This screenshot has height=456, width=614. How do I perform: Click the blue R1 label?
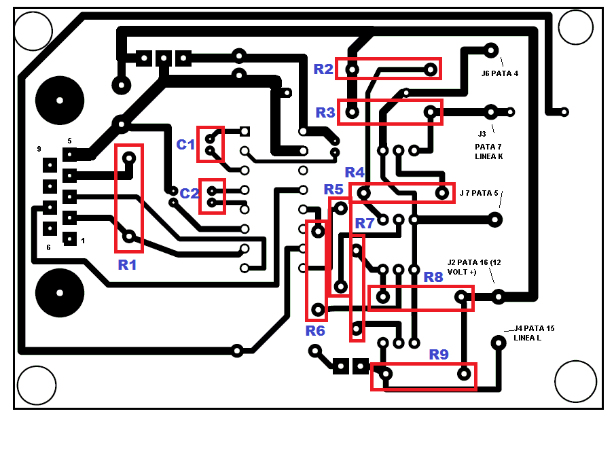tap(128, 265)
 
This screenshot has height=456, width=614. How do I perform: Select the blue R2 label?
tap(323, 69)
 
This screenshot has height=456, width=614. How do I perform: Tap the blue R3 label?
tap(325, 112)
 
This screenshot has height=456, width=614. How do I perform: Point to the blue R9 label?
tap(439, 354)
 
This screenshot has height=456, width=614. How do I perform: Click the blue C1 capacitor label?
tap(185, 144)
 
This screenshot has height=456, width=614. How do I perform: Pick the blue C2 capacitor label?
tap(189, 192)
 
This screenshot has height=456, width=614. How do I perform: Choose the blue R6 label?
tap(315, 331)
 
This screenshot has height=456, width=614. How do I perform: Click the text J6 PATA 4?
tap(500, 73)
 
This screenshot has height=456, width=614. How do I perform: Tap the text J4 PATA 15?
tap(534, 328)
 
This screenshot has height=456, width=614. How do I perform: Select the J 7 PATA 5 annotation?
tap(479, 193)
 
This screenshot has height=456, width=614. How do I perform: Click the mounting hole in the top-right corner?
tap(575, 30)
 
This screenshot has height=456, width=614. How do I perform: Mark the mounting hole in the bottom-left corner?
tap(36, 385)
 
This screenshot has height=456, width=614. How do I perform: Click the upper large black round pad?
tap(60, 101)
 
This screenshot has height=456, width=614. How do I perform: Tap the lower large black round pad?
tap(60, 293)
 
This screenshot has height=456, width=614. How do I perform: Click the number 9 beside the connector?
tap(39, 149)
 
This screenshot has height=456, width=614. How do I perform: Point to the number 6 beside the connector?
tap(48, 247)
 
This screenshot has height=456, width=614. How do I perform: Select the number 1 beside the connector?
tap(83, 241)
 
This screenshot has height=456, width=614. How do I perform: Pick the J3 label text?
tap(482, 134)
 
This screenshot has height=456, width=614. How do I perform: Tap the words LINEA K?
tap(489, 156)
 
